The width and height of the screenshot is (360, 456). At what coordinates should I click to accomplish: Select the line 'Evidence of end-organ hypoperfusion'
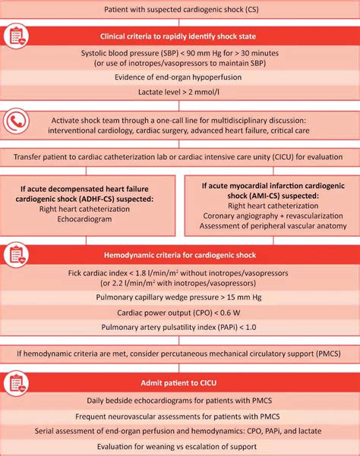pos(180,77)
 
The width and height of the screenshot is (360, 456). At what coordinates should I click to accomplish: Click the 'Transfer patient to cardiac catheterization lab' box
pos(180,157)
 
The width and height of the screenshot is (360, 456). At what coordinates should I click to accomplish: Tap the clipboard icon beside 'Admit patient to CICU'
pos(17,384)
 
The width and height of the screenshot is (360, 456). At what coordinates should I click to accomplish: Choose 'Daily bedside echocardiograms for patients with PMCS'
pos(180,400)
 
